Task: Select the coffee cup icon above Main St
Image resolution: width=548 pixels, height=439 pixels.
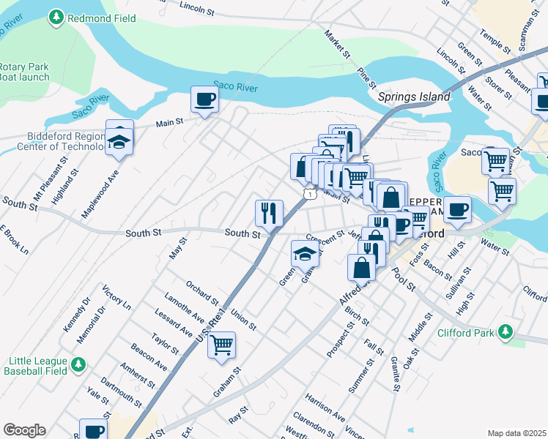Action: pyautogui.click(x=205, y=99)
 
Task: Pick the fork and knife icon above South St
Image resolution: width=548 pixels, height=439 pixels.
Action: pyautogui.click(x=269, y=213)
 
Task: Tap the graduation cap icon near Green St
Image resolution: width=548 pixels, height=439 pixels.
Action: pyautogui.click(x=306, y=254)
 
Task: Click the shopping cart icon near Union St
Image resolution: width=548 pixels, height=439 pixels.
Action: pyautogui.click(x=221, y=344)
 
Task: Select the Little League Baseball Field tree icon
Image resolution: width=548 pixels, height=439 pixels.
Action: pyautogui.click(x=78, y=364)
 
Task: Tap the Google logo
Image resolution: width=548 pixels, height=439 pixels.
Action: pyautogui.click(x=24, y=430)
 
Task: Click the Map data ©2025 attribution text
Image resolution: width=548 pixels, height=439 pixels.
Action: pyautogui.click(x=516, y=433)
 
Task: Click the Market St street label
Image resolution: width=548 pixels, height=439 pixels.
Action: pyautogui.click(x=337, y=45)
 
